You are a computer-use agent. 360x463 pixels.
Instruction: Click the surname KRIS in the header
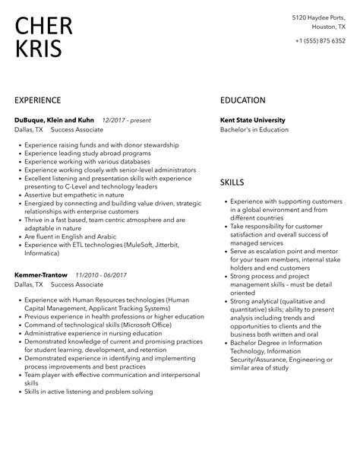click(39, 50)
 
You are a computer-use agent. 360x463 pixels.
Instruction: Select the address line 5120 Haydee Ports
click(322, 16)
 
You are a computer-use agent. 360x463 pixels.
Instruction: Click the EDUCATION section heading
click(243, 100)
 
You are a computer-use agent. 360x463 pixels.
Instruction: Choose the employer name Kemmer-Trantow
click(41, 274)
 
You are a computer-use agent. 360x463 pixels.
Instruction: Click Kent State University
click(253, 120)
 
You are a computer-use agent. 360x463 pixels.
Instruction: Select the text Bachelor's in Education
click(254, 130)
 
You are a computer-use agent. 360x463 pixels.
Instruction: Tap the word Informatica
click(48, 254)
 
